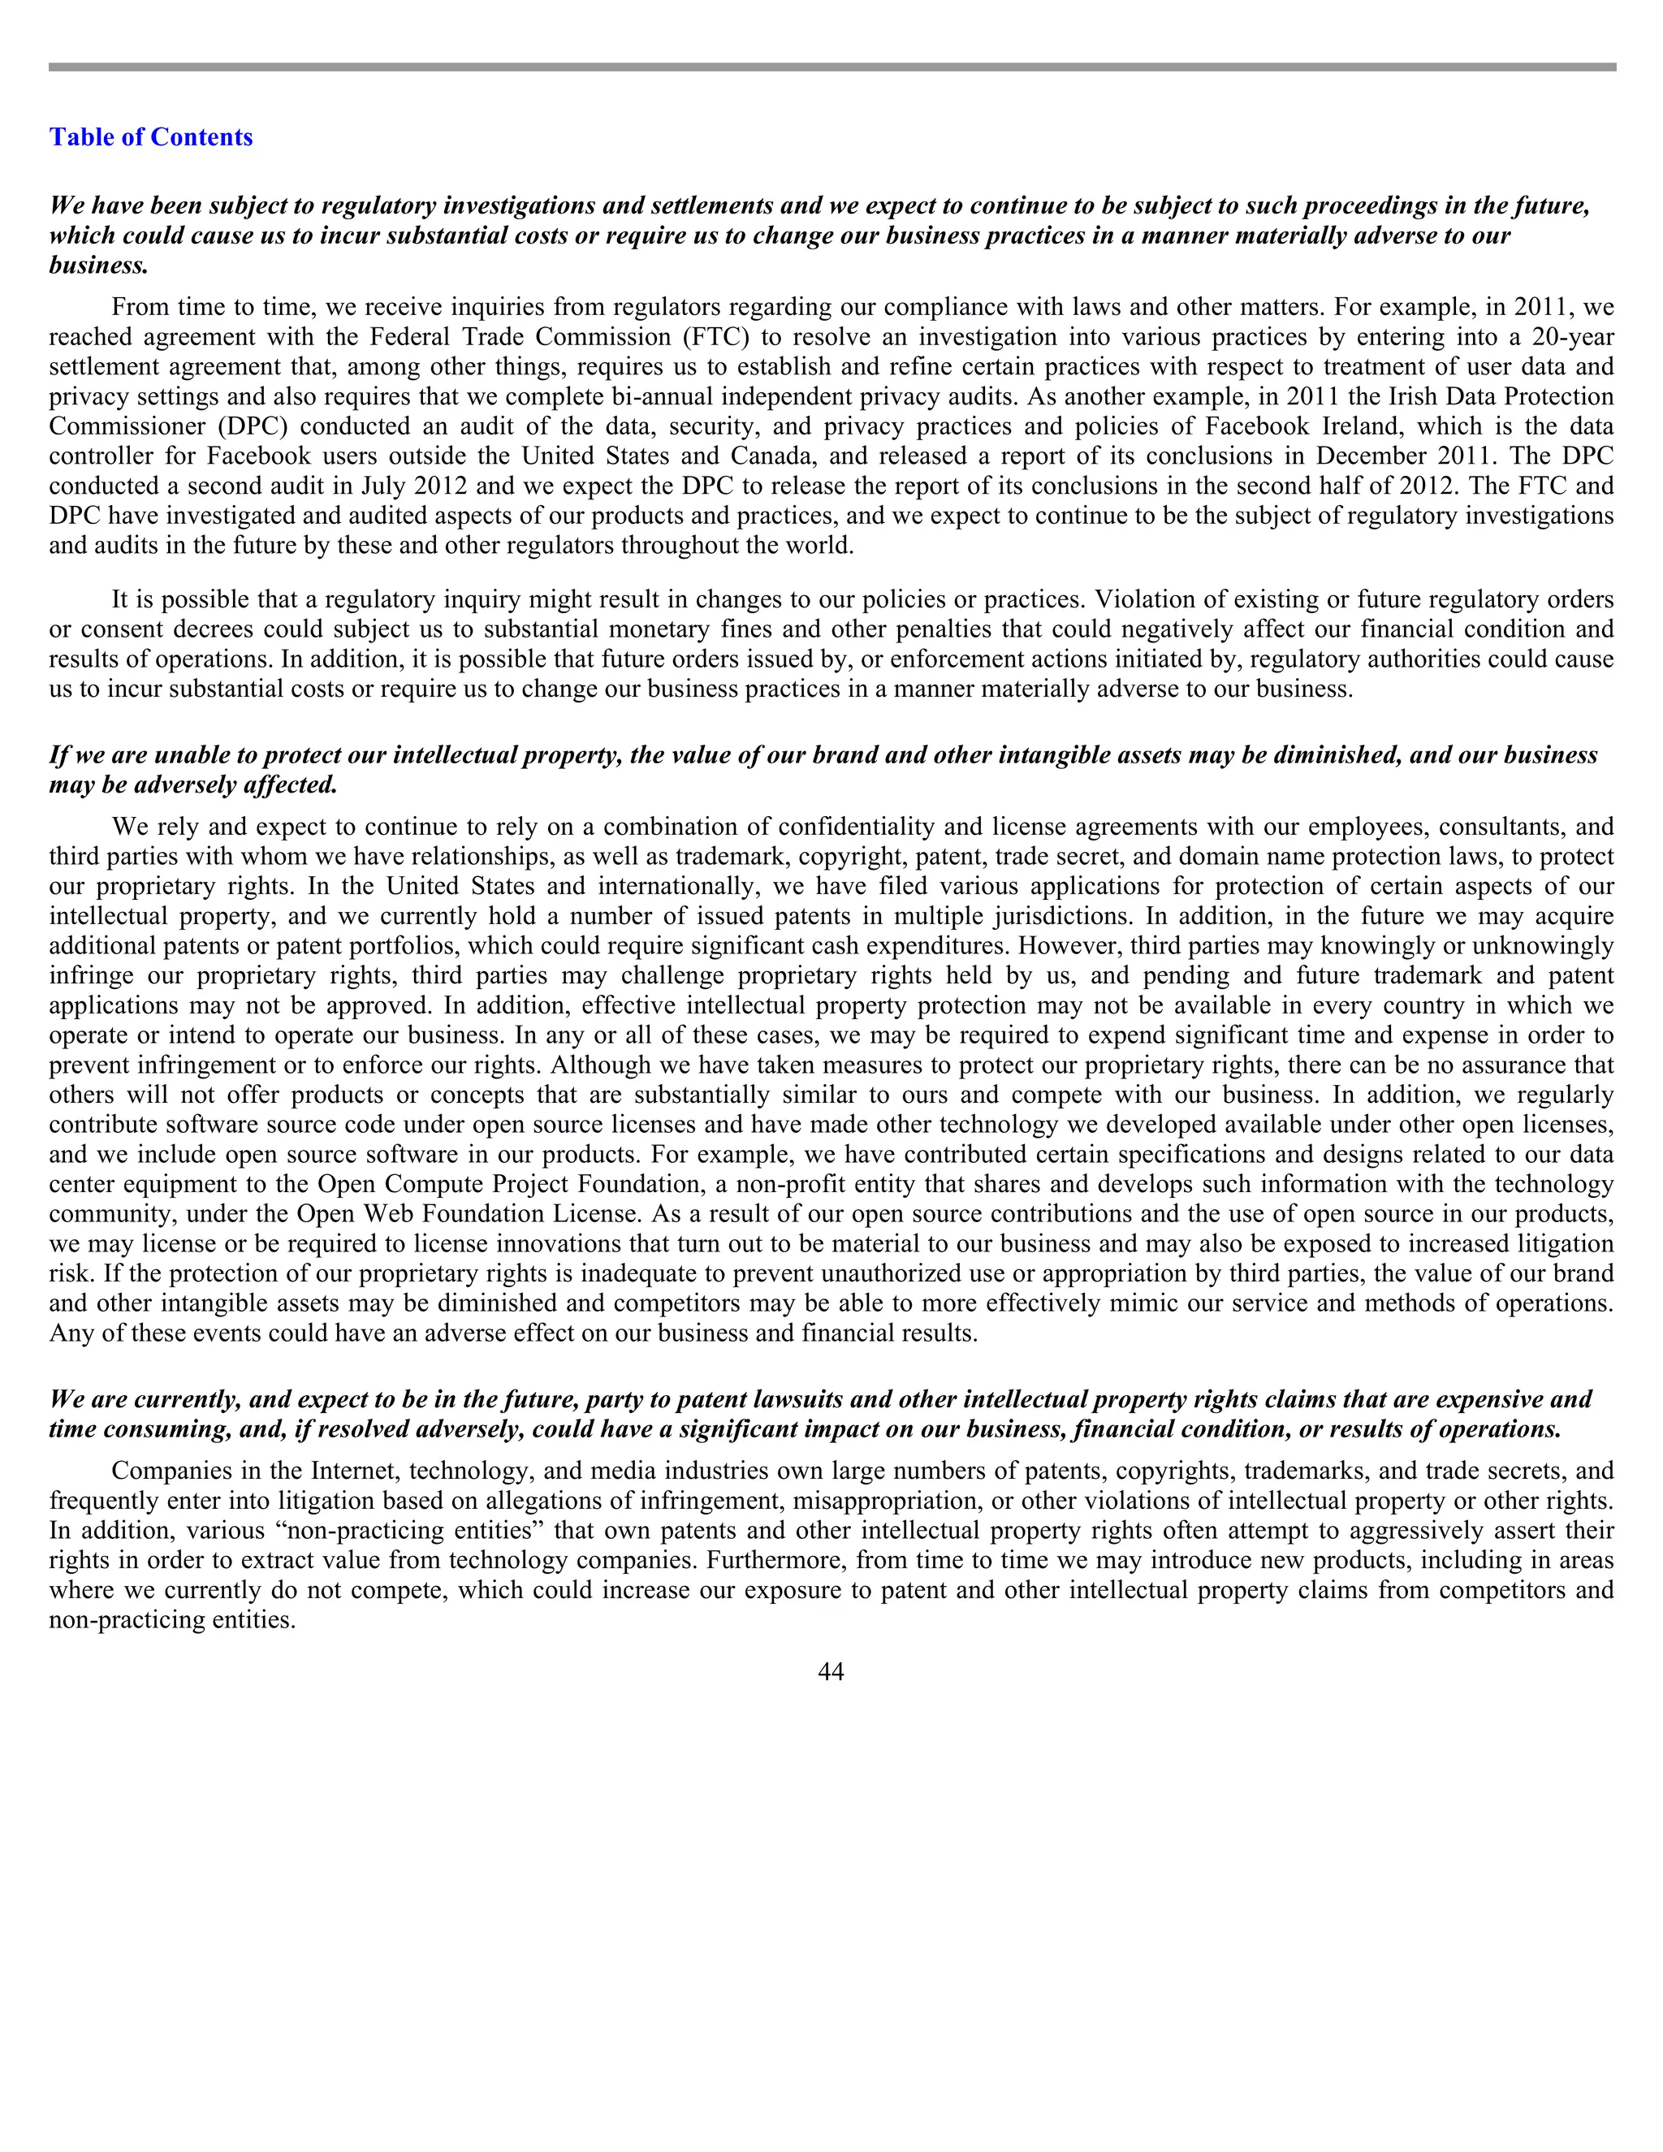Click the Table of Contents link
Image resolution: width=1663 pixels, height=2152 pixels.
[151, 137]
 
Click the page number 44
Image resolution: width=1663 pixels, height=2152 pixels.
[831, 1671]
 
